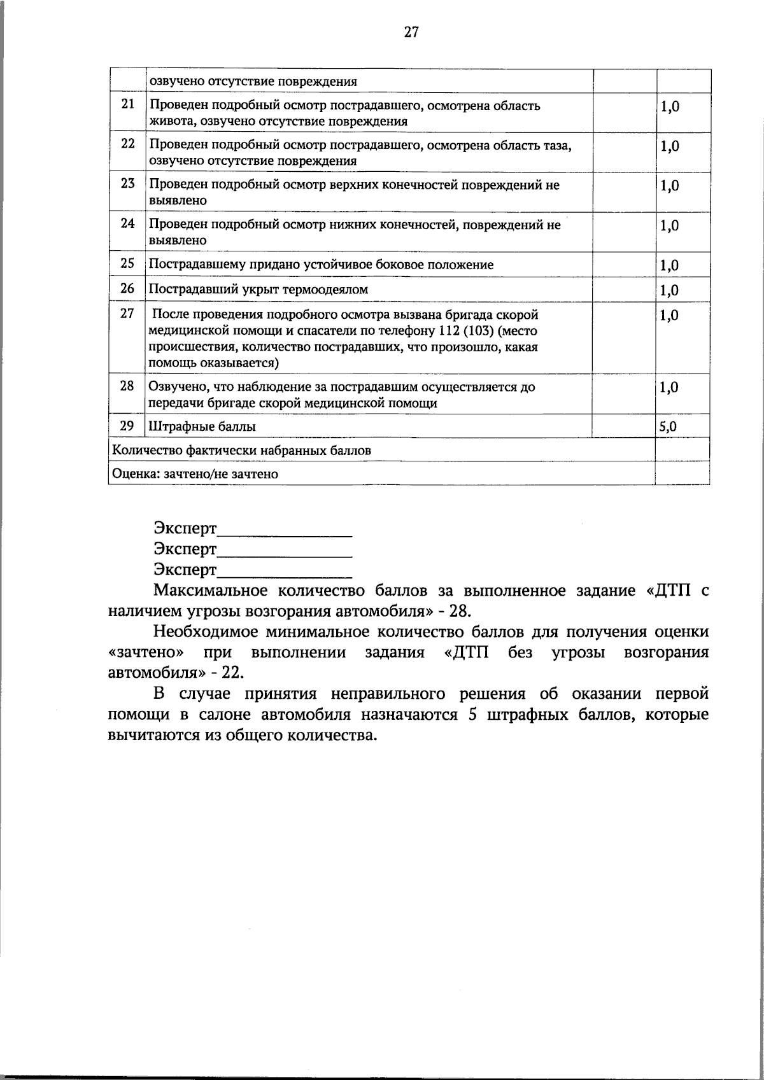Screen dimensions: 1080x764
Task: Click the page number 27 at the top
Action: coord(411,32)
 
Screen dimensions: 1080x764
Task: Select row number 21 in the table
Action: coord(128,104)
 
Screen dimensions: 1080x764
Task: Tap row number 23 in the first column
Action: coord(128,184)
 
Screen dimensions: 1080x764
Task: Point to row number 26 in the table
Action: coord(128,289)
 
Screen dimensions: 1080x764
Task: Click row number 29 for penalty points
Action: coord(128,425)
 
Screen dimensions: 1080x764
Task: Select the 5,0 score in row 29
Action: coord(668,426)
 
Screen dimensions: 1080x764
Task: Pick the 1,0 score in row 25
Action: coord(670,265)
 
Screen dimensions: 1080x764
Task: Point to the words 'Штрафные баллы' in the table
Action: coord(202,426)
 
